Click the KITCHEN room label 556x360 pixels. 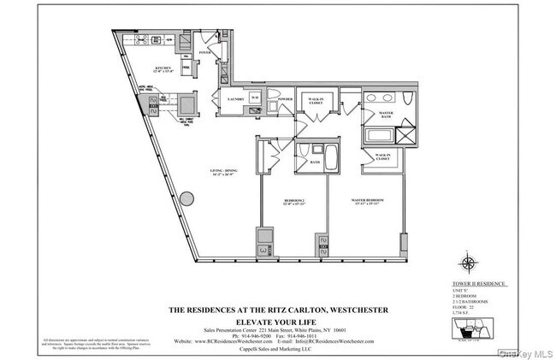(164, 68)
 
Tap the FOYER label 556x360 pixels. (204, 52)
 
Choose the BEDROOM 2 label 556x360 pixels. (294, 202)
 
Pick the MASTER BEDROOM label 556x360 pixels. (367, 202)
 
